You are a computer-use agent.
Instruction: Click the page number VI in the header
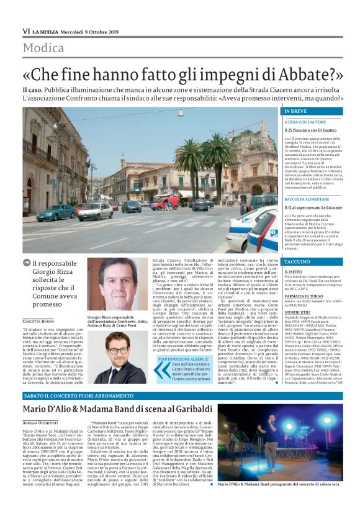click(x=26, y=31)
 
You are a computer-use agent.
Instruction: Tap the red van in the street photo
click(x=164, y=203)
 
